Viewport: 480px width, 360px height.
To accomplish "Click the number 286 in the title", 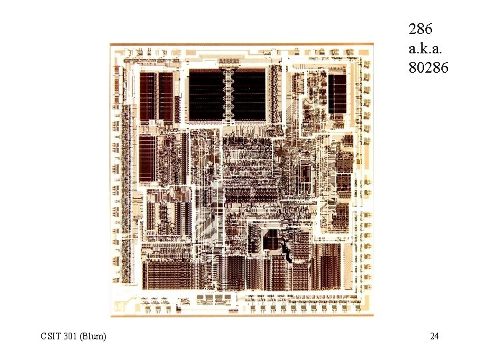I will (x=421, y=29).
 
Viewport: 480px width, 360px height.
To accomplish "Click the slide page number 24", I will (x=434, y=336).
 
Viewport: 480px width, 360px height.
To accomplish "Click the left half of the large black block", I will (x=204, y=95).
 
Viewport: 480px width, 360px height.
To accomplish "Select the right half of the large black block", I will (x=252, y=95).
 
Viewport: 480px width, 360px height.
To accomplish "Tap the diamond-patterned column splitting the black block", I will (x=229, y=95).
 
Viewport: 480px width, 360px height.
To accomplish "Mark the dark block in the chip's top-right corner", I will (x=337, y=93).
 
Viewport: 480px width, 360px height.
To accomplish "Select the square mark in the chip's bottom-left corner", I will (x=121, y=306).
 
